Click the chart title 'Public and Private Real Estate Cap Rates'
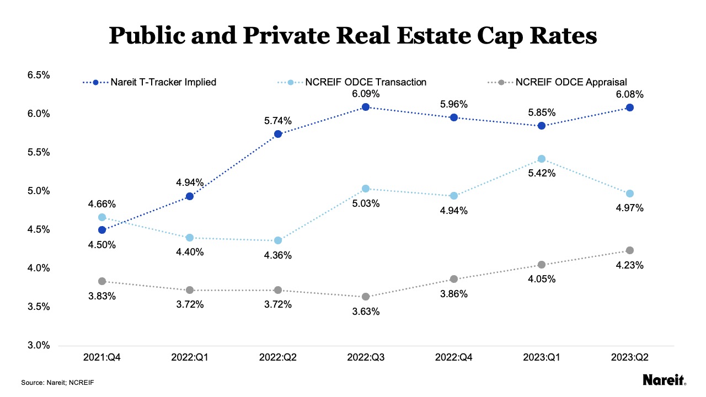pos(353,35)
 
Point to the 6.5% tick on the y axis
pos(39,75)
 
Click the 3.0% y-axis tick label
pos(39,346)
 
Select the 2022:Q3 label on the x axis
pos(366,357)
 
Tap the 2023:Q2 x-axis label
pos(630,357)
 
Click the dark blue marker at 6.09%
pos(366,107)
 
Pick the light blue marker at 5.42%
pos(542,159)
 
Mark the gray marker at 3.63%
pos(366,297)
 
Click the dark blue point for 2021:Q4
pos(102,230)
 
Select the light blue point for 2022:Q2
pos(278,240)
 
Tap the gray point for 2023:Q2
pos(630,250)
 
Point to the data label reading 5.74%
pos(278,121)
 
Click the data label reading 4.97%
pos(630,208)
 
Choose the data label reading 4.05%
pos(542,279)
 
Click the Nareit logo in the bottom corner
pos(665,380)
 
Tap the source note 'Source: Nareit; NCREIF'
pos(54,382)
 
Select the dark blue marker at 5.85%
pos(542,126)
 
